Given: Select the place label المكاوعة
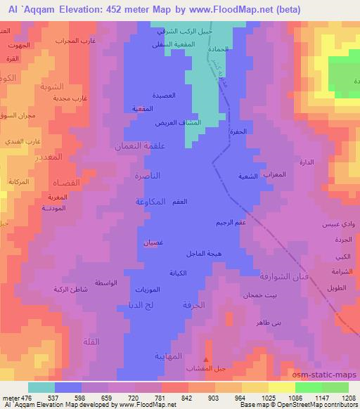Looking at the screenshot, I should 151,202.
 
